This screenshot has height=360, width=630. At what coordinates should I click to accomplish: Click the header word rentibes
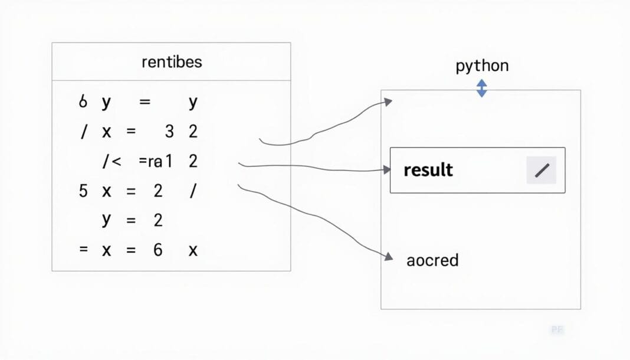coord(172,62)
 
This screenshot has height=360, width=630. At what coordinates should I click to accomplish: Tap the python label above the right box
coord(482,66)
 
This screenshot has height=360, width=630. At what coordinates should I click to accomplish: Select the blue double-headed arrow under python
coord(482,88)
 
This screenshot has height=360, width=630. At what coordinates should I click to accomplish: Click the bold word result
coord(428,171)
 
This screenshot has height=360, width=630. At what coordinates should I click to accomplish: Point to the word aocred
coord(432,260)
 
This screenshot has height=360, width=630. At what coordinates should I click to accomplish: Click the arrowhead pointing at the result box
coord(387,170)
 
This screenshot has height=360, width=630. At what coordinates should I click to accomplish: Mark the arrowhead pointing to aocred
coord(388,257)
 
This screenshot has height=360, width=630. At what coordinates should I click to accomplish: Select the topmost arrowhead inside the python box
coord(388,102)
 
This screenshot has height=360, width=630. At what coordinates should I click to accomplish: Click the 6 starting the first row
coord(83,102)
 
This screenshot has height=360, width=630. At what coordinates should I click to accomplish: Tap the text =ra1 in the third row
coord(155,161)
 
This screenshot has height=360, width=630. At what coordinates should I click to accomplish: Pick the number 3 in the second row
coord(169,132)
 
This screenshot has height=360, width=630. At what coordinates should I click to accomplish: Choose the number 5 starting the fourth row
coord(83,191)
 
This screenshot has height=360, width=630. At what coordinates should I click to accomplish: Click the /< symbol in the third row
coord(111,161)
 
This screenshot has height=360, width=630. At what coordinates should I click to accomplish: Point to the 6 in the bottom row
coord(157,250)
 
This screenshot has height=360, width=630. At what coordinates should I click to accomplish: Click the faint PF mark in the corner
coord(556,330)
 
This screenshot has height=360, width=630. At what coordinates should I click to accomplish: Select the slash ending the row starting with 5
coord(192,191)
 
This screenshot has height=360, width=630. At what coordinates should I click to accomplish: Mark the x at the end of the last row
coord(192,250)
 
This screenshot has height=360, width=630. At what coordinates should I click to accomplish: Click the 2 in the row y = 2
coord(157,220)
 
